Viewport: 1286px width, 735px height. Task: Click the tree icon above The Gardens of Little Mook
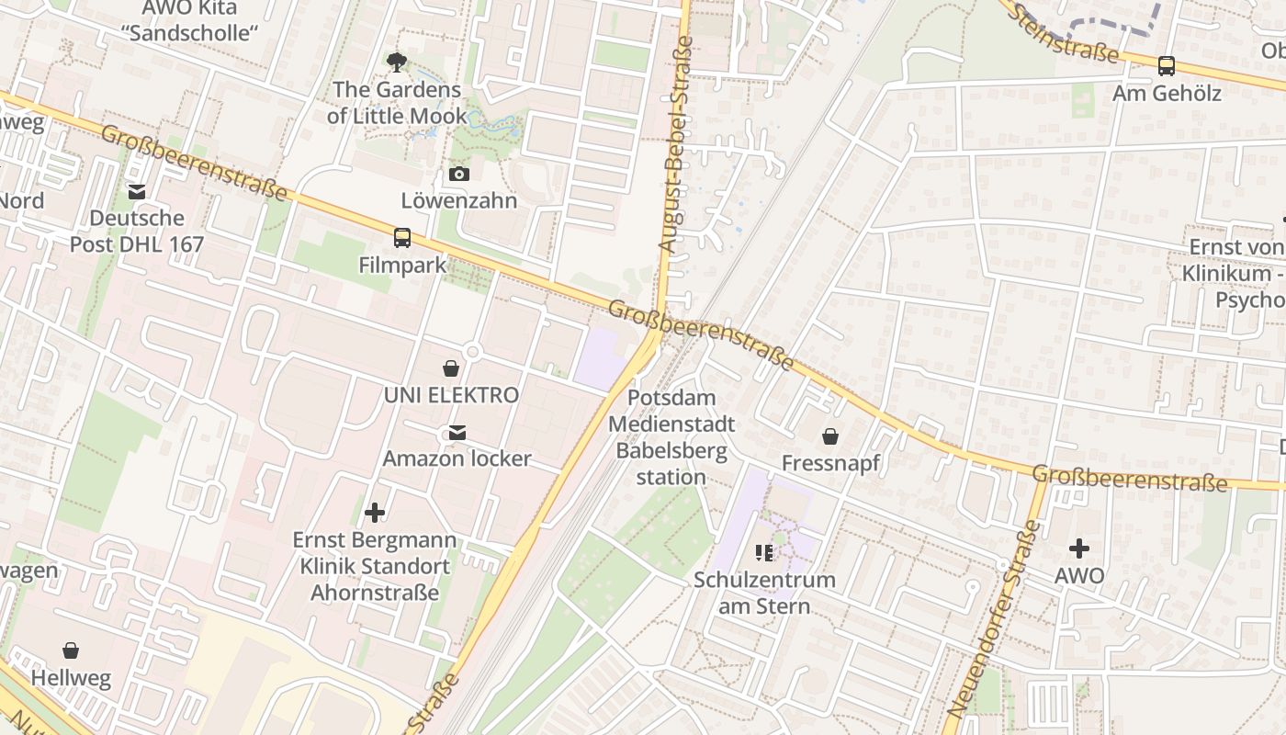397,62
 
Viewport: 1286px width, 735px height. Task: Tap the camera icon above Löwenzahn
458,174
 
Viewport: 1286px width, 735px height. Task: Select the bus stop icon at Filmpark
402,238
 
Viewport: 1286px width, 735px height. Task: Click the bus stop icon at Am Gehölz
1167,66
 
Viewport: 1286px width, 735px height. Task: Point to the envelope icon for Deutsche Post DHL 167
137,191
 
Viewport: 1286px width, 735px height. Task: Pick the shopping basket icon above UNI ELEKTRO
451,368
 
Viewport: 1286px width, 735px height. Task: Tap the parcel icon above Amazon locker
457,432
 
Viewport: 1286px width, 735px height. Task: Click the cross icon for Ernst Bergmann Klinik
375,512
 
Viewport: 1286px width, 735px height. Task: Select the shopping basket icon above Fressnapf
830,435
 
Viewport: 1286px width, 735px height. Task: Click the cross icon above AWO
1079,548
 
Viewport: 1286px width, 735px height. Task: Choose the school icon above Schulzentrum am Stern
764,552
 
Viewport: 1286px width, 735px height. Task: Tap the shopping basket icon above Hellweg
71,650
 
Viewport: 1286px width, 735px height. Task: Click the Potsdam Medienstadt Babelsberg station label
671,437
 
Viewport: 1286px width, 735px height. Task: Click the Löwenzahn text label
459,200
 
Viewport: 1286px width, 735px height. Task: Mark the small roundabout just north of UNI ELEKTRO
473,351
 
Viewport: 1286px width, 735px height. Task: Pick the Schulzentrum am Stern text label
764,593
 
